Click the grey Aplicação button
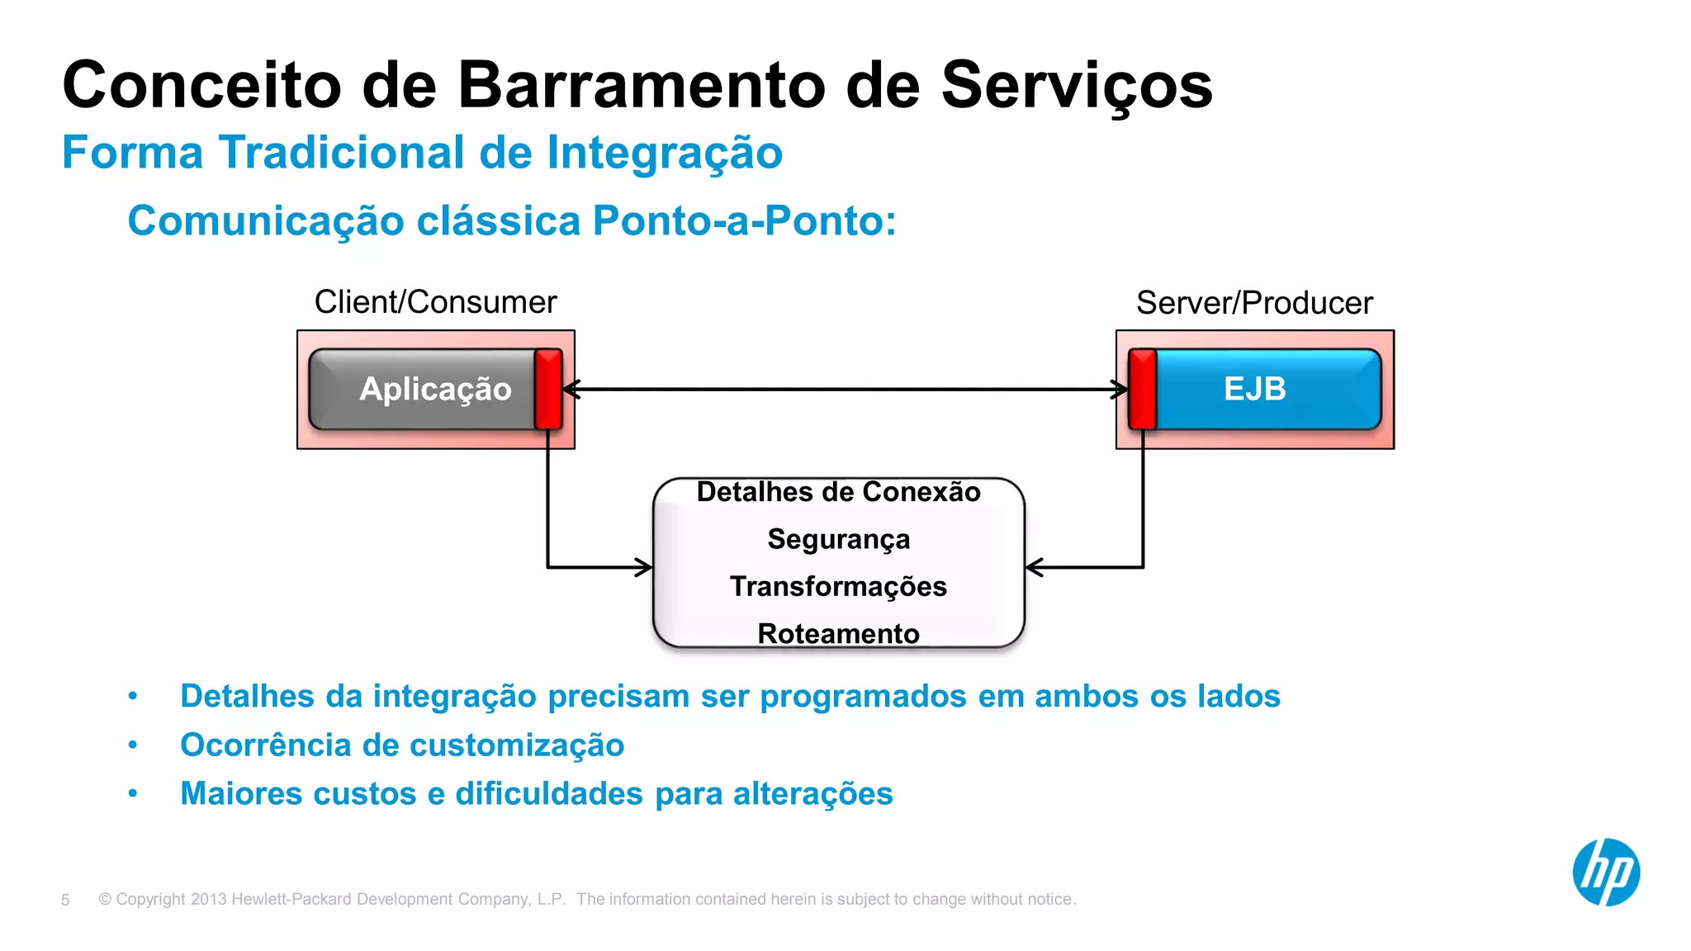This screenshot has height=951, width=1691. [423, 389]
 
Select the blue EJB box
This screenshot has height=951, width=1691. [1267, 389]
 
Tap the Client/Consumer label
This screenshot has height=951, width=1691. [435, 302]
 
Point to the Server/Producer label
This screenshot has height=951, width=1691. [1253, 303]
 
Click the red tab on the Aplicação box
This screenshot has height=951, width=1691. [548, 389]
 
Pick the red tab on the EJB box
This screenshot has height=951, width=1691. [1142, 389]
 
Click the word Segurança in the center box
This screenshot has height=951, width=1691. [838, 539]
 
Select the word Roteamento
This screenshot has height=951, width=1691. [838, 633]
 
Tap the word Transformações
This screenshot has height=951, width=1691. [838, 586]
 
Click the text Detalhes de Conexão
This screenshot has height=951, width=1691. [838, 492]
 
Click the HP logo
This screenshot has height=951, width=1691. [1605, 872]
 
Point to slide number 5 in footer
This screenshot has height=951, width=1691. [65, 900]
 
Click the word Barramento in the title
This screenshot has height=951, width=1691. [641, 85]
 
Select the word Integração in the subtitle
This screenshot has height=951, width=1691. [665, 154]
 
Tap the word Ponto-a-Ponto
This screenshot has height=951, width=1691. [743, 221]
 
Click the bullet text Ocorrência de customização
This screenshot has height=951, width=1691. [402, 745]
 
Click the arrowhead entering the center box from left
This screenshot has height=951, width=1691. [644, 567]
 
